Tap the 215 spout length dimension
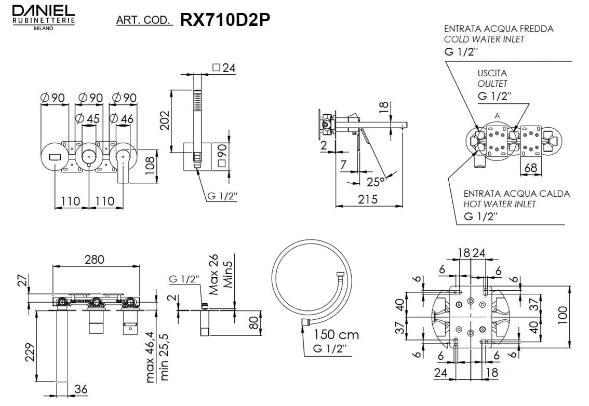coord(368,199)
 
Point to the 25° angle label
coord(376,182)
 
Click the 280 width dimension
coord(95,259)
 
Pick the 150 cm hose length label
coord(336,335)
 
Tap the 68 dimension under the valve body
coord(530,168)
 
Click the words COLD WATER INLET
coord(484,39)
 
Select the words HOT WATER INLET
coord(500,205)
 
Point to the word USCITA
coord(492,73)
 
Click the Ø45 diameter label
coord(88,119)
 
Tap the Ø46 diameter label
coord(123,119)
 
